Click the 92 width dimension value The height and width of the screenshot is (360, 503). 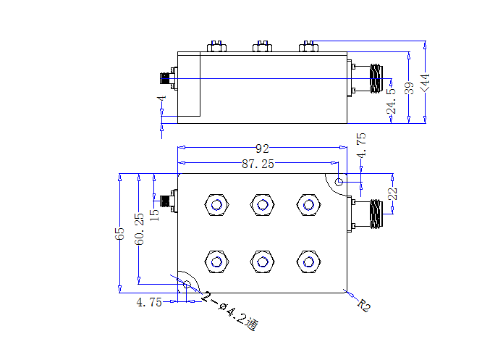pyautogui.click(x=262, y=148)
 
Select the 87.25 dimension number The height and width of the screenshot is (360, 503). pyautogui.click(x=258, y=164)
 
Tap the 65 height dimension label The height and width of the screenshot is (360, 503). pyautogui.click(x=119, y=233)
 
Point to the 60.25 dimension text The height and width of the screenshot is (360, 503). pyautogui.click(x=139, y=229)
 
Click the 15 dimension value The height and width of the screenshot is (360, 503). pyautogui.click(x=154, y=215)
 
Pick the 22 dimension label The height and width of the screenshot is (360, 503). pyautogui.click(x=392, y=193)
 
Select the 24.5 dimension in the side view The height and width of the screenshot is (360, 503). pyautogui.click(x=392, y=101)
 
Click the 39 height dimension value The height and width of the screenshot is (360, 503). pyautogui.click(x=409, y=88)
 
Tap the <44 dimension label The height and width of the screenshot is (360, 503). pyautogui.click(x=426, y=83)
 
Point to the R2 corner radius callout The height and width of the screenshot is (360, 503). pyautogui.click(x=364, y=305)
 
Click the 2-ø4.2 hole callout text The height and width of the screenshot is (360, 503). pyautogui.click(x=229, y=311)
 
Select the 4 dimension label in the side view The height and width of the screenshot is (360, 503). pyautogui.click(x=161, y=98)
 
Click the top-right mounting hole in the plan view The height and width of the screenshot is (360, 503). pyautogui.click(x=339, y=182)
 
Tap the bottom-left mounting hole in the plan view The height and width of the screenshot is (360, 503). pyautogui.click(x=187, y=285)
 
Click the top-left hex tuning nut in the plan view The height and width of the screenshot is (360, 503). pyautogui.click(x=216, y=204)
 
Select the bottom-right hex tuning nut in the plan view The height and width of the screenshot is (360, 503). pyautogui.click(x=308, y=262)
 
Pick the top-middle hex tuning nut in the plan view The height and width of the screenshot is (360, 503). pyautogui.click(x=263, y=204)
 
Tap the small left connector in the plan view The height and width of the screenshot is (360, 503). pyautogui.click(x=169, y=201)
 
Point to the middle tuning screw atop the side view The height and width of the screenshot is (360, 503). pyautogui.click(x=263, y=46)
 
